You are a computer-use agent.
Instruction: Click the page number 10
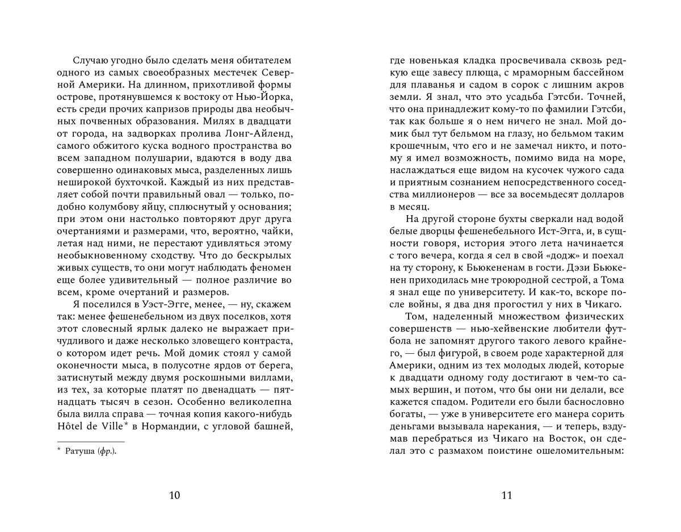pos(175,496)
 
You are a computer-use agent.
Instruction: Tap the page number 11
pos(507,496)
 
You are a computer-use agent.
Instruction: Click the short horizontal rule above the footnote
pos(91,441)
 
